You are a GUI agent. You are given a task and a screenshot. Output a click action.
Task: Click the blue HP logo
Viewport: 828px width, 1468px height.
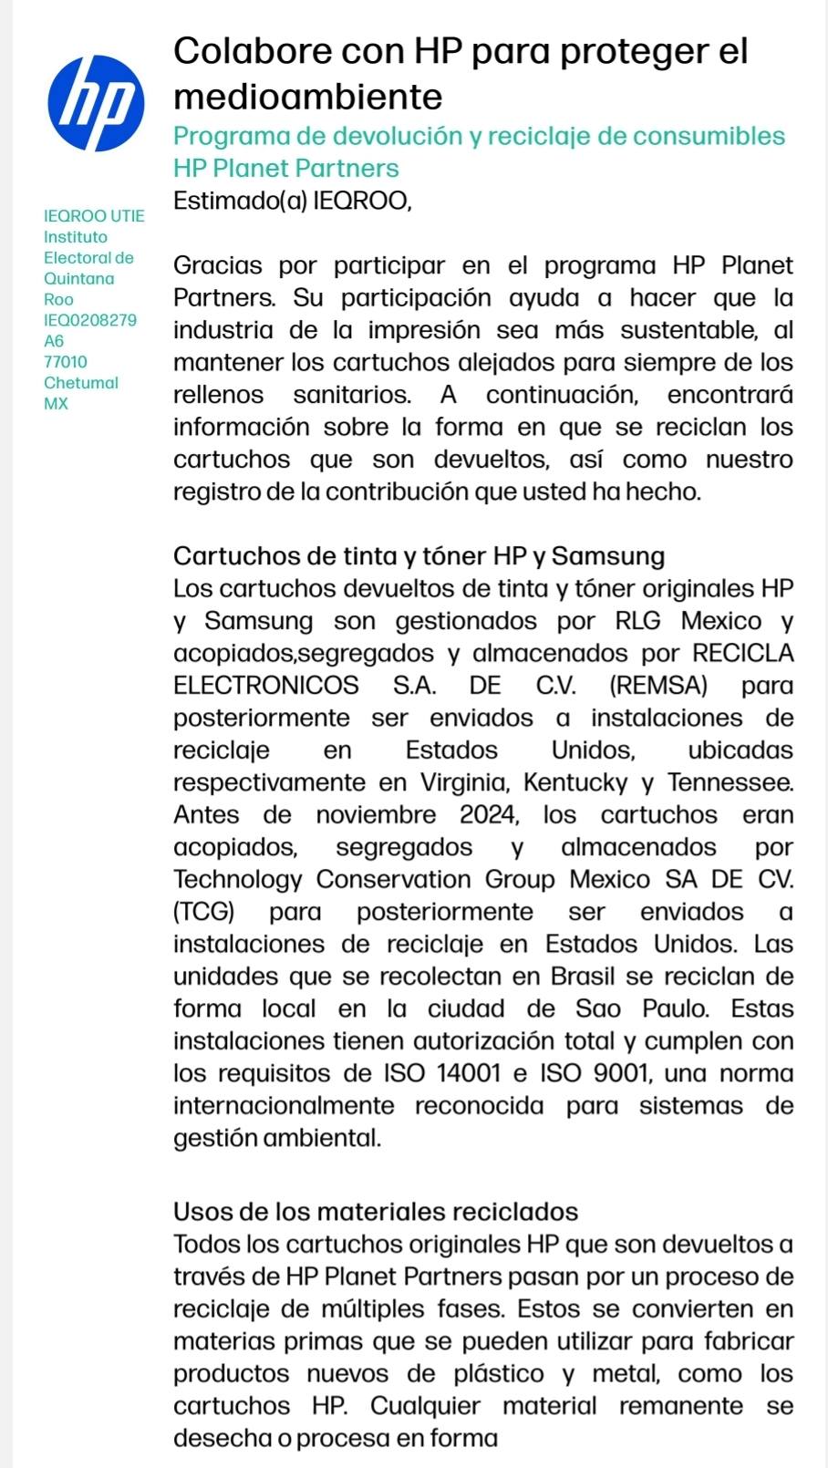(96, 103)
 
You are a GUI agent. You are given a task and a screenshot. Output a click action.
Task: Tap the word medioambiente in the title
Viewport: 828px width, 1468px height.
(307, 97)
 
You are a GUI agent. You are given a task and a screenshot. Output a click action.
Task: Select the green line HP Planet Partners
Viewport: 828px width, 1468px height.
(285, 169)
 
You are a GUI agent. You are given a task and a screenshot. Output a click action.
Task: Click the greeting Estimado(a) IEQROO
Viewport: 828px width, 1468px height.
(292, 201)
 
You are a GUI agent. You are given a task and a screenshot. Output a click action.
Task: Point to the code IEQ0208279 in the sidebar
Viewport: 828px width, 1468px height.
(90, 320)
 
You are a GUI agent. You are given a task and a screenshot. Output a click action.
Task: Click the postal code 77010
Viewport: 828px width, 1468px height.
(66, 362)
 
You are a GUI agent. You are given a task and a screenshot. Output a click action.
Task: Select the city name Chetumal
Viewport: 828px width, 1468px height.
(81, 383)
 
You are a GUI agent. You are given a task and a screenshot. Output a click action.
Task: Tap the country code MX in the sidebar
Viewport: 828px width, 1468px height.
(56, 404)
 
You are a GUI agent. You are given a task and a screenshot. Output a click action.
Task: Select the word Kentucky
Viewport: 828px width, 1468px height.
(575, 782)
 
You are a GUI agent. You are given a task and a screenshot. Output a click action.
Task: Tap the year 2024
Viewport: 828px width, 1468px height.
(488, 815)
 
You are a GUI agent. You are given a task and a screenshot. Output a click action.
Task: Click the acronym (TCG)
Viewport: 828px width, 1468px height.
(203, 912)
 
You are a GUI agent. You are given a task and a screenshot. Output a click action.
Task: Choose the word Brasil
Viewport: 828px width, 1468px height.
(583, 977)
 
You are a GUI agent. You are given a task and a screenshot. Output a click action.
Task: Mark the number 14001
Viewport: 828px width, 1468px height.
(469, 1073)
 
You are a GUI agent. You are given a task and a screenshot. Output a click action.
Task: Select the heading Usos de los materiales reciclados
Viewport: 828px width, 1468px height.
(376, 1212)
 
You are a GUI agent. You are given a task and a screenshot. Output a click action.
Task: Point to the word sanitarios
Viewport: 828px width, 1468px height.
(351, 395)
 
